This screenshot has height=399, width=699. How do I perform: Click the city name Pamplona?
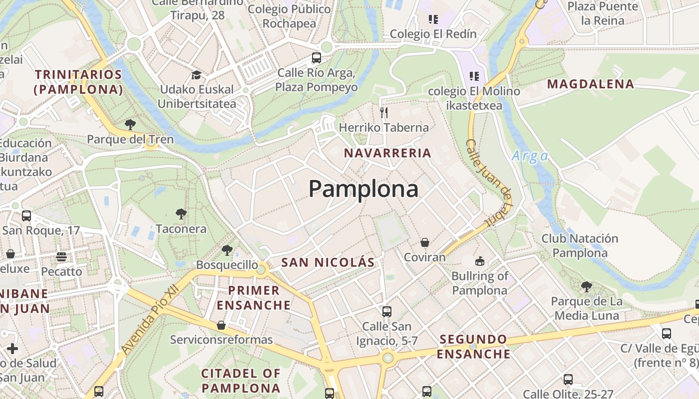pyautogui.click(x=363, y=189)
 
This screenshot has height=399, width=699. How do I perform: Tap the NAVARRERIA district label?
pyautogui.click(x=387, y=153)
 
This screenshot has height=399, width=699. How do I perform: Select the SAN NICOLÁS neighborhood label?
pyautogui.click(x=328, y=262)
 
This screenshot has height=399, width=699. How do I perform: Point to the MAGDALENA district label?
pyautogui.click(x=591, y=84)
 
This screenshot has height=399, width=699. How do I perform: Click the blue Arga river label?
pyautogui.click(x=530, y=157)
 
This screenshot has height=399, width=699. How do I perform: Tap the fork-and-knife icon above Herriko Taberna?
pyautogui.click(x=383, y=112)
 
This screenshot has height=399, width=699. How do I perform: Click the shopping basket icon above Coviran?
pyautogui.click(x=424, y=242)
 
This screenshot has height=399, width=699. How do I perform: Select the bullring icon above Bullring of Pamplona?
pyautogui.click(x=479, y=260)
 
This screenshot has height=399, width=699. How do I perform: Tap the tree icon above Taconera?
pyautogui.click(x=181, y=214)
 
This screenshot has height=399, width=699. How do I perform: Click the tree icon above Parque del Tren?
pyautogui.click(x=130, y=124)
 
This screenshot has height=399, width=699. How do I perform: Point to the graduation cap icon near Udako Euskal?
pyautogui.click(x=196, y=75)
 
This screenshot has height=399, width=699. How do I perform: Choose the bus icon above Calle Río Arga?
pyautogui.click(x=316, y=57)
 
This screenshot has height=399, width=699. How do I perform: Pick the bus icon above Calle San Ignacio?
pyautogui.click(x=386, y=312)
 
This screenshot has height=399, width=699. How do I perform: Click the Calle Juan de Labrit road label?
pyautogui.click(x=490, y=183)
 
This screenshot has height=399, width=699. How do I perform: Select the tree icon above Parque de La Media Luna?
pyautogui.click(x=586, y=287)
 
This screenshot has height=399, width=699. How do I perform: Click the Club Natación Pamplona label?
pyautogui.click(x=580, y=246)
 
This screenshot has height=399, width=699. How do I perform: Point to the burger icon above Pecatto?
pyautogui.click(x=61, y=257)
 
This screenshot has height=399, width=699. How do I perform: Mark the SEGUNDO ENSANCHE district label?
pyautogui.click(x=473, y=347)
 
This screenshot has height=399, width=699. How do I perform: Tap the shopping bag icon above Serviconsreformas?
pyautogui.click(x=221, y=325)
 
